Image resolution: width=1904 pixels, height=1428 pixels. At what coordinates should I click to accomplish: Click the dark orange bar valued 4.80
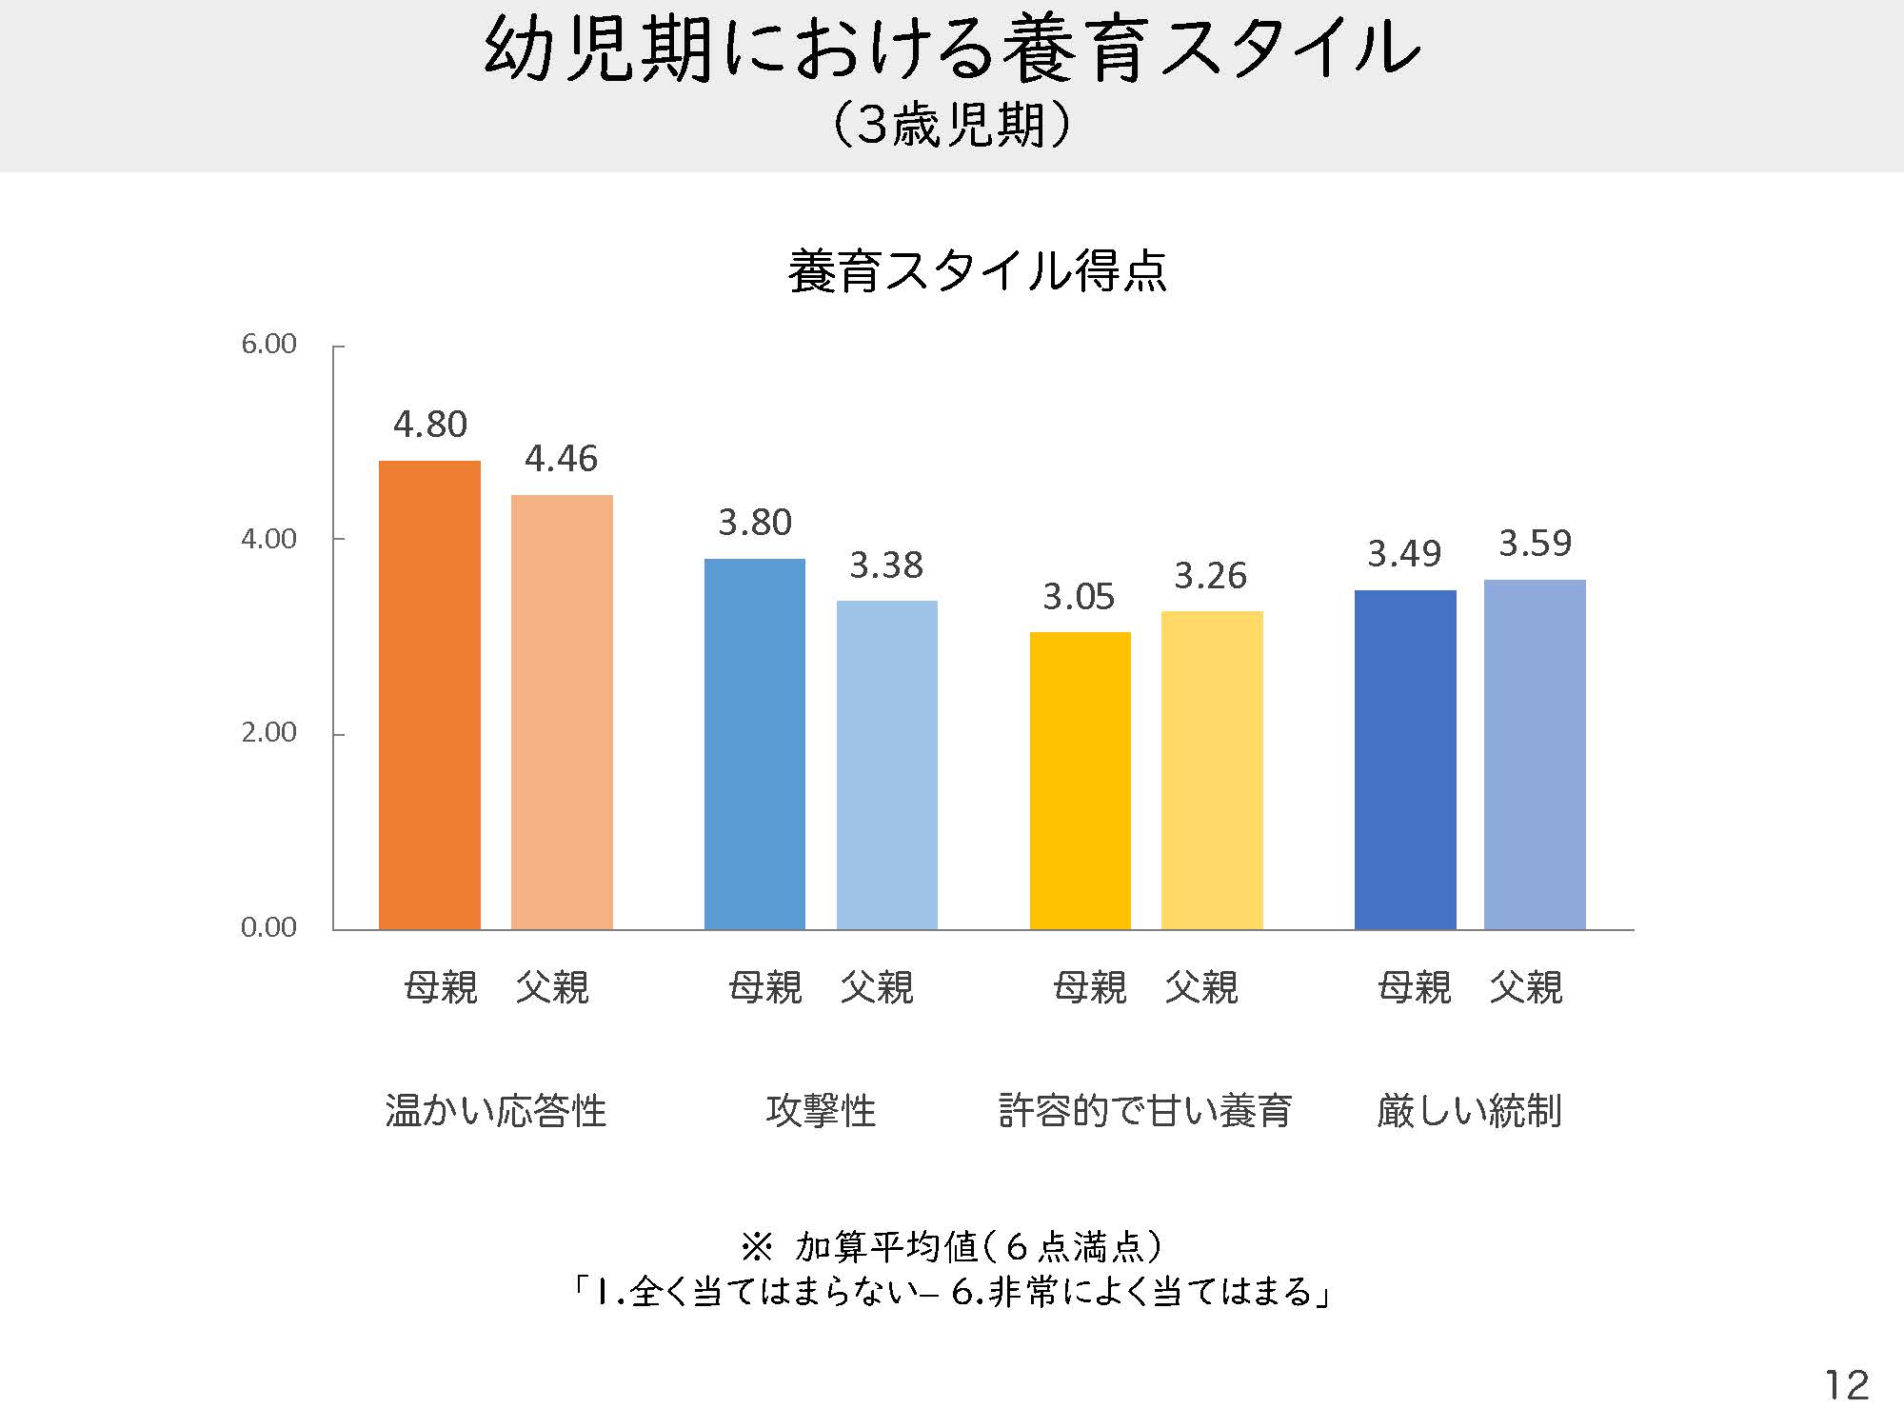(429, 695)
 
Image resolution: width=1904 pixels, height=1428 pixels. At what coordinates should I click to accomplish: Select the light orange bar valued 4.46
(562, 712)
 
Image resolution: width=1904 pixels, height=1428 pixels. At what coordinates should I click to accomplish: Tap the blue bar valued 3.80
(754, 744)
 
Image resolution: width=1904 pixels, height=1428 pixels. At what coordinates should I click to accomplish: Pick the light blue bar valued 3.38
(886, 764)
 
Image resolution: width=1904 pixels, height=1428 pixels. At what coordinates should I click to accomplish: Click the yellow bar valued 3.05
(1080, 781)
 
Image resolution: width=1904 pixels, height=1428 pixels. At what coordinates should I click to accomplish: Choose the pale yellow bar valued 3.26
(1212, 770)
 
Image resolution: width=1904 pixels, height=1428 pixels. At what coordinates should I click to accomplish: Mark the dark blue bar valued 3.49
(1405, 760)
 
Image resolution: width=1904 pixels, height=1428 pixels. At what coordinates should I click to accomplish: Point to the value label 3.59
(1535, 544)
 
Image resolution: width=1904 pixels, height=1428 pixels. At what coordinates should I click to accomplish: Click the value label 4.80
(430, 425)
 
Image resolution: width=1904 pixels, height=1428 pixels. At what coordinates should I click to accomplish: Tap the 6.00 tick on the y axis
(268, 344)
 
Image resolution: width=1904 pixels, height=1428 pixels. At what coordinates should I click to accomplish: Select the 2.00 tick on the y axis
(268, 732)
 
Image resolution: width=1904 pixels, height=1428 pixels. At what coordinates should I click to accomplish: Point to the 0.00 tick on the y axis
(268, 927)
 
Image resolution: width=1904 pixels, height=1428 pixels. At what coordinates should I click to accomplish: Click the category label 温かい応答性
(495, 1110)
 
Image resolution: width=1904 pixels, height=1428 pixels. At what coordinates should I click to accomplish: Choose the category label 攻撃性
(821, 1110)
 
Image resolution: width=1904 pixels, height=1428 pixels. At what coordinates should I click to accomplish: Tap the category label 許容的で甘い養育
(1144, 1110)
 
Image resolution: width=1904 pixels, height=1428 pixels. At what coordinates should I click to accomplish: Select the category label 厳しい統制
(1469, 1110)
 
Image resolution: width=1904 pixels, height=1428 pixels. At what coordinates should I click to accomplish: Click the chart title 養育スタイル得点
(977, 271)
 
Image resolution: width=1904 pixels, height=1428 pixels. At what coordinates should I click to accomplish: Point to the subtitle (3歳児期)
(952, 125)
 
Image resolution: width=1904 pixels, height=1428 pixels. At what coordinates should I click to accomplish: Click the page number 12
(1846, 1385)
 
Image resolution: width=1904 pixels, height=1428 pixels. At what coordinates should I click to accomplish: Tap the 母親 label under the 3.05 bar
(1090, 987)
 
